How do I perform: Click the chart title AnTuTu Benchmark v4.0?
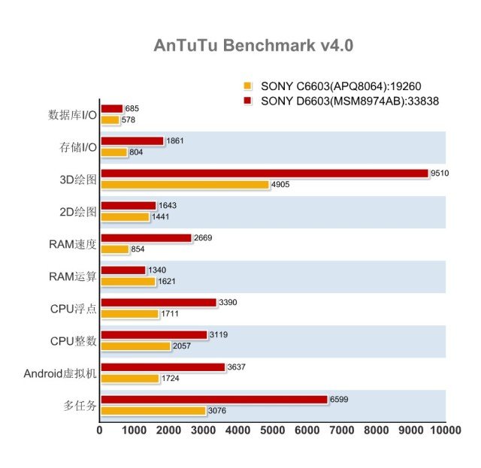click(x=253, y=45)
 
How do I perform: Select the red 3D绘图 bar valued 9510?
click(x=263, y=174)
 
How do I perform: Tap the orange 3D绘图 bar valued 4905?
click(x=184, y=185)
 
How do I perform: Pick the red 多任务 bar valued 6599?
click(x=213, y=400)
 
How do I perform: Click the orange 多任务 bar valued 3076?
click(x=153, y=411)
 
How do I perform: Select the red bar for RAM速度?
click(x=146, y=238)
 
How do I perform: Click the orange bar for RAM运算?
click(x=128, y=282)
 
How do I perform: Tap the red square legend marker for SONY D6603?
click(x=247, y=100)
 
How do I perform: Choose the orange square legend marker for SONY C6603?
click(x=247, y=86)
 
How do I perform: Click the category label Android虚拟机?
click(x=61, y=373)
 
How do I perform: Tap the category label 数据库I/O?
click(x=72, y=115)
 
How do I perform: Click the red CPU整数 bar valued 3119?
click(x=153, y=335)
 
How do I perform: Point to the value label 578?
click(x=129, y=120)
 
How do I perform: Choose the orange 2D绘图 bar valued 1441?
click(x=125, y=217)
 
